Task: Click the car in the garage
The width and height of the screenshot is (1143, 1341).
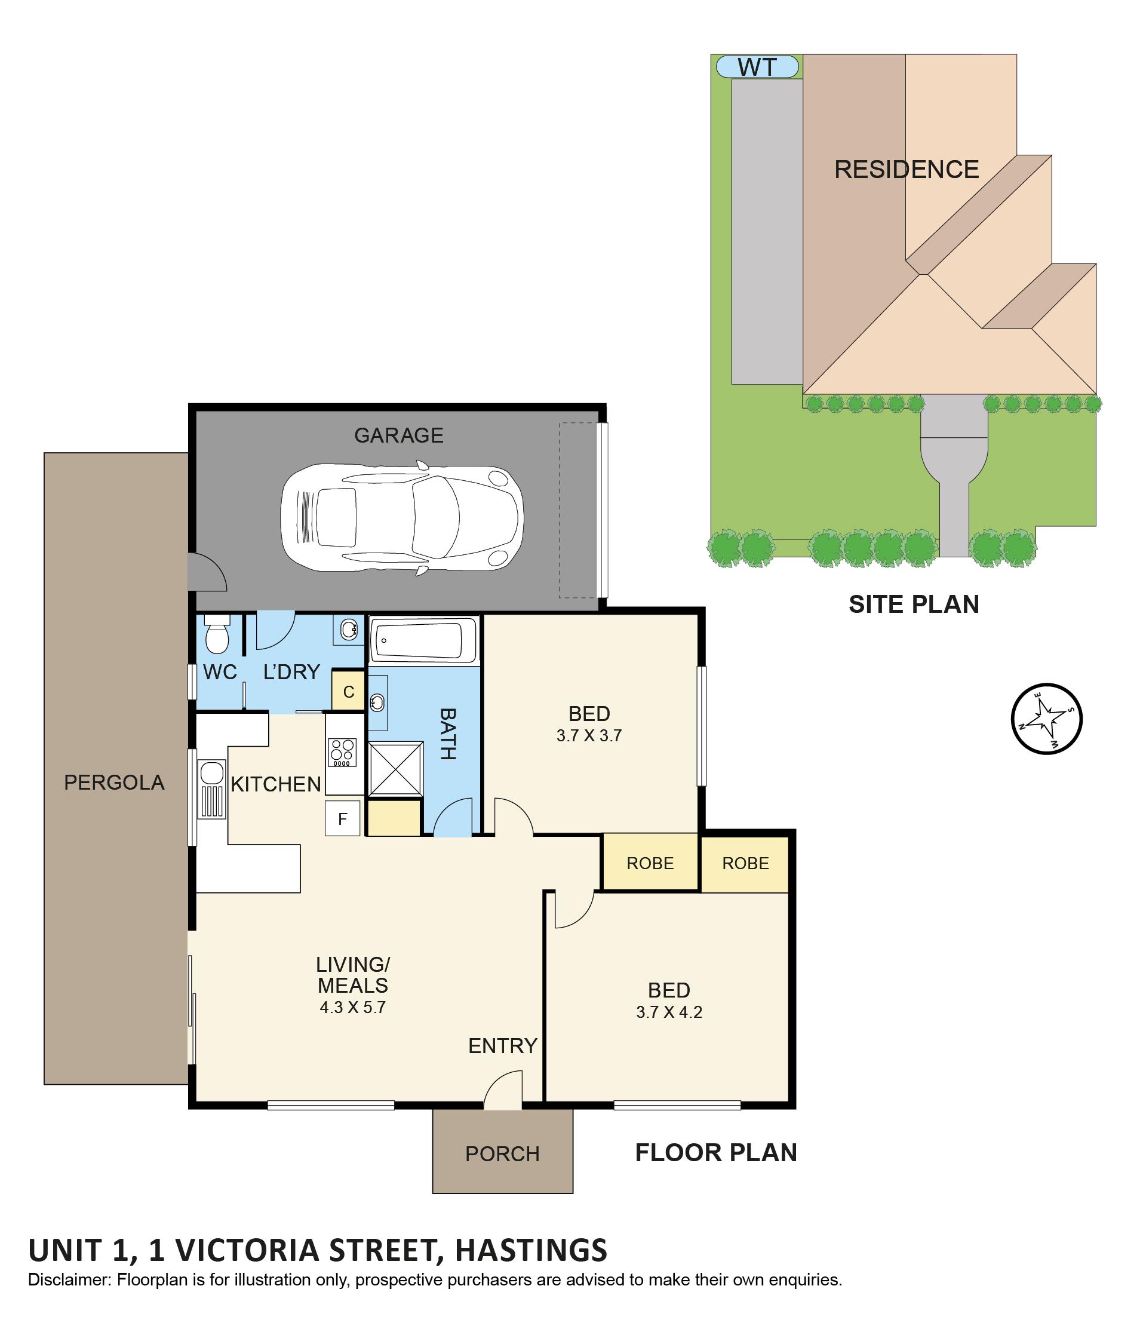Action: point(401,518)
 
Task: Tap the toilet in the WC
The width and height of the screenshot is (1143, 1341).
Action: point(217,634)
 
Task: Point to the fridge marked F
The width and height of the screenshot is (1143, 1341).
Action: point(342,819)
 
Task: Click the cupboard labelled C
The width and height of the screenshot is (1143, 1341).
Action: point(348,691)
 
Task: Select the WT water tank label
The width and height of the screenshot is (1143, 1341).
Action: point(757,67)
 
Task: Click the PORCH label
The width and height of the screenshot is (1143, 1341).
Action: point(502,1153)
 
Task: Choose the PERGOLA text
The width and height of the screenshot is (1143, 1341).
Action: point(114,782)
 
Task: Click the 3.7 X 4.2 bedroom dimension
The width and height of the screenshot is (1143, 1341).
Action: point(669,1012)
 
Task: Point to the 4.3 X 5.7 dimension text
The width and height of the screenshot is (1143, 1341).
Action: point(352,1007)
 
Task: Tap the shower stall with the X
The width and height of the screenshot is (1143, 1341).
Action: point(395,769)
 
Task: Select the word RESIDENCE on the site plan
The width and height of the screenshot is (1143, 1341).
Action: point(907,170)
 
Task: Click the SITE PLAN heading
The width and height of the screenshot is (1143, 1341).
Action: point(913,604)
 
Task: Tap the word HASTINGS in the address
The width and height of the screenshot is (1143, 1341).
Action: point(531,1250)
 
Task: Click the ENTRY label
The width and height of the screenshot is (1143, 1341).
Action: point(503,1045)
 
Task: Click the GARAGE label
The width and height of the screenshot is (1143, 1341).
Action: point(398,435)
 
